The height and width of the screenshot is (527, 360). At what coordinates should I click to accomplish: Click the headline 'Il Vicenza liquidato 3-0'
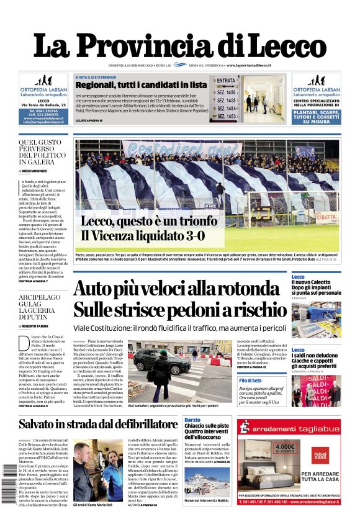tap(142, 236)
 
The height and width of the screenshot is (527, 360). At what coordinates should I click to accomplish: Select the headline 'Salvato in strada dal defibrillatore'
tap(98, 425)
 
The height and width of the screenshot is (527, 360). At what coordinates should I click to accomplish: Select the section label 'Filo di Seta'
tap(303, 381)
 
